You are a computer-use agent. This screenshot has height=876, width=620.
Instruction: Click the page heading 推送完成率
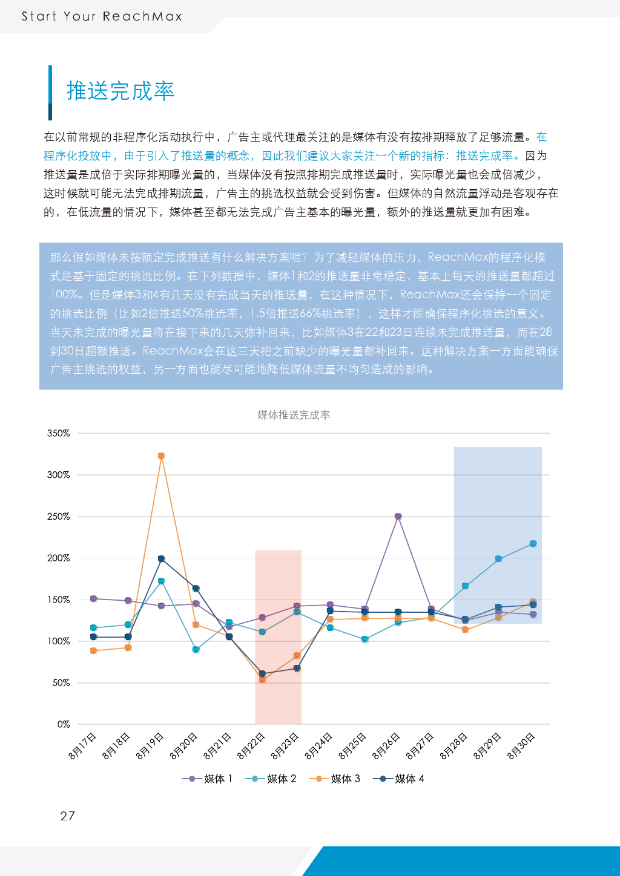(x=120, y=91)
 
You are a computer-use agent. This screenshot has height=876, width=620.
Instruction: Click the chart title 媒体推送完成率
(x=294, y=415)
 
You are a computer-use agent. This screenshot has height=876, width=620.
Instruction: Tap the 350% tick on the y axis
(x=58, y=433)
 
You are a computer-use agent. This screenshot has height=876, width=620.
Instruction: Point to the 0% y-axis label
(x=64, y=724)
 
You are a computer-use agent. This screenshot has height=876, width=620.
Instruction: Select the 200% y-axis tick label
(x=58, y=558)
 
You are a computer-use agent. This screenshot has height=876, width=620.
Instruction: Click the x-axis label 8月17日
(x=82, y=746)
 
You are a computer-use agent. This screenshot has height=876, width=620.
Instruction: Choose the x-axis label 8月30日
(x=521, y=746)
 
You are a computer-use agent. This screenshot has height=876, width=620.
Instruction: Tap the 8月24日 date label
(x=318, y=746)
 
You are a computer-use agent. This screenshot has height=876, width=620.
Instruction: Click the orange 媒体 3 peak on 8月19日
(x=161, y=456)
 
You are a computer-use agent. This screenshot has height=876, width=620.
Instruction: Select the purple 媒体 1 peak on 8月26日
(x=398, y=516)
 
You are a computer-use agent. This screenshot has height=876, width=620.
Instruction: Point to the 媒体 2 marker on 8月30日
(x=533, y=544)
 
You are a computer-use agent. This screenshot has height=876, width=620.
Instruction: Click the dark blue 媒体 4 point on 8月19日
(x=161, y=558)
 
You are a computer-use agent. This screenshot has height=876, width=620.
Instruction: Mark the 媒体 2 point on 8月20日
(x=196, y=650)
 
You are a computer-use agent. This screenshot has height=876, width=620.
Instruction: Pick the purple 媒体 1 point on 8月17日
(x=94, y=599)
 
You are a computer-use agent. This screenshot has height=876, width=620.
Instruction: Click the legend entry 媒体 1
(x=207, y=779)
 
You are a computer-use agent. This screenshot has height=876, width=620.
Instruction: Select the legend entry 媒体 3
(x=334, y=779)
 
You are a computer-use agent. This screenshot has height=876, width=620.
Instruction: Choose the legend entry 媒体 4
(x=398, y=779)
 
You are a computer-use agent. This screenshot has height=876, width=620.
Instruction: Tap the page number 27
(x=67, y=816)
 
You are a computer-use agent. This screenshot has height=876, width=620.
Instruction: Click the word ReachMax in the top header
(x=142, y=16)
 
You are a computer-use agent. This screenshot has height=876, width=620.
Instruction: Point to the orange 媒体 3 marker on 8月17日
(x=94, y=651)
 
